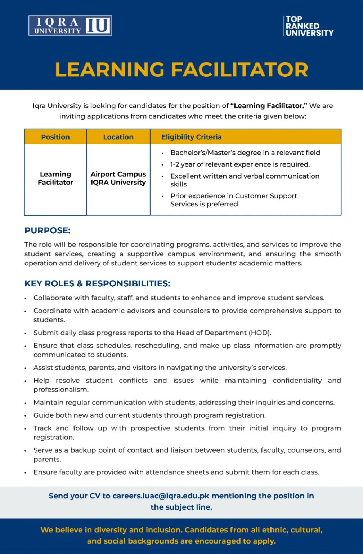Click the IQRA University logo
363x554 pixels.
click(x=70, y=26)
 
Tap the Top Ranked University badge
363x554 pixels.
click(x=309, y=26)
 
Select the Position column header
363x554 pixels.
click(x=55, y=137)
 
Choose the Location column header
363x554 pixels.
click(x=118, y=137)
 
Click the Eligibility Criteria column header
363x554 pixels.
click(x=191, y=137)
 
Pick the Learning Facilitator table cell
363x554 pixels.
click(x=55, y=179)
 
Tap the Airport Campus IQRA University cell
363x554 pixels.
click(x=118, y=179)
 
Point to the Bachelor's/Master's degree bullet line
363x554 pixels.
click(x=245, y=153)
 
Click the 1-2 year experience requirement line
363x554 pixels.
click(x=240, y=164)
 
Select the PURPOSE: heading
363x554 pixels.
click(x=48, y=230)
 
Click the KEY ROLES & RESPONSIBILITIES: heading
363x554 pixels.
click(x=97, y=283)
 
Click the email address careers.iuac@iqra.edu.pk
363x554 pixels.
click(x=161, y=496)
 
